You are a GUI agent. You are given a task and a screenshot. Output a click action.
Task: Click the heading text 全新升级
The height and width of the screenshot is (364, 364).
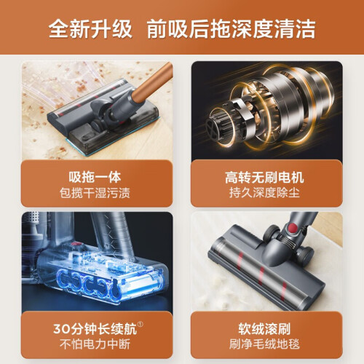pos(90,29)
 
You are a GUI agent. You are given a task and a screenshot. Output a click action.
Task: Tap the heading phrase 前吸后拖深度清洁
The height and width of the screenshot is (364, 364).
pos(231,29)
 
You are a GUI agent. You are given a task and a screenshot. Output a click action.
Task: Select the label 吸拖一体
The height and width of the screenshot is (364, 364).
pos(95,177)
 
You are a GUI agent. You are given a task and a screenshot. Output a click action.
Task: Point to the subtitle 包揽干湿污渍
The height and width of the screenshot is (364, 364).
pos(95,193)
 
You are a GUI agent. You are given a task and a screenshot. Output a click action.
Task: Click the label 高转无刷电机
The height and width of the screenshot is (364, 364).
pos(264,178)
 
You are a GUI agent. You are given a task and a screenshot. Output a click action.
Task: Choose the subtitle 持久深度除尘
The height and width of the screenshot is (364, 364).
pos(264,193)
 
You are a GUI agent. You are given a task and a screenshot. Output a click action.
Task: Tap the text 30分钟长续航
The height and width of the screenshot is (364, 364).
pos(95,329)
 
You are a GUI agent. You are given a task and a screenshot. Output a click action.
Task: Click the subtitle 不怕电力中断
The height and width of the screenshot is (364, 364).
pos(95,344)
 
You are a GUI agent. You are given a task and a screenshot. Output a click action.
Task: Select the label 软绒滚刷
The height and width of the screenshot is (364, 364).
pos(264,329)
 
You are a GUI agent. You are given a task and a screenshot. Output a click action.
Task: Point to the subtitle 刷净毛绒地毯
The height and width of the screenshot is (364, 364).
pos(264,344)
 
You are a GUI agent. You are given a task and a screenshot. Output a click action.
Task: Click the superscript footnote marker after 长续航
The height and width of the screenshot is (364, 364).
pos(141,325)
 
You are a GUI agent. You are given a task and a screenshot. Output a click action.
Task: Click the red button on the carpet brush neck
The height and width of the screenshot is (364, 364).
pos(293,228)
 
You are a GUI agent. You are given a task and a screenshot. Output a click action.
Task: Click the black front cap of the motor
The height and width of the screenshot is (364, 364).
pos(213,130)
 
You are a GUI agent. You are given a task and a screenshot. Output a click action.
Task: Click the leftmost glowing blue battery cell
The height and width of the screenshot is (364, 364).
pos(63,280)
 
